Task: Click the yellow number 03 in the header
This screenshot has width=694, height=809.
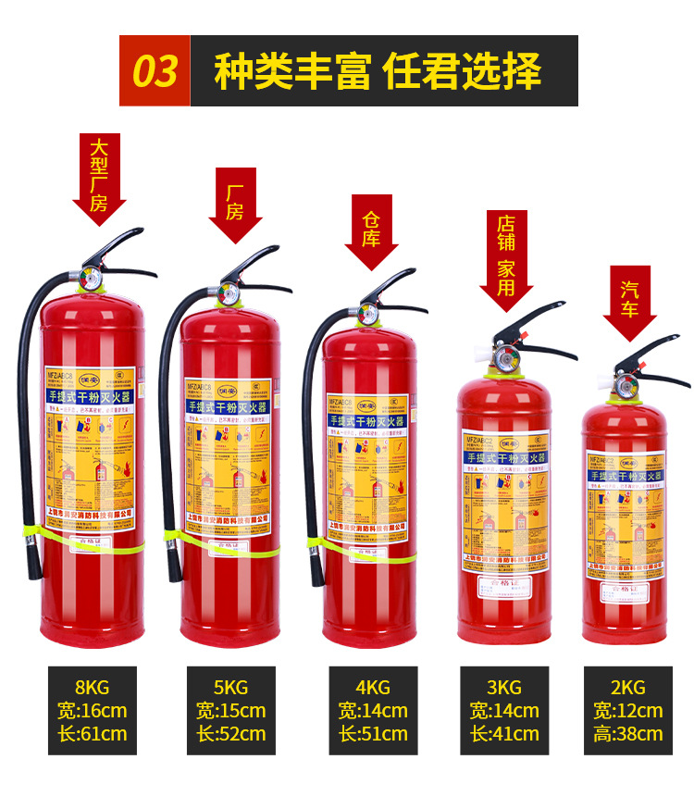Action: point(155,71)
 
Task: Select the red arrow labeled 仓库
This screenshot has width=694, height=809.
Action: point(371,230)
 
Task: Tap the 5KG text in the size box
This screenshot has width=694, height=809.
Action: point(230,688)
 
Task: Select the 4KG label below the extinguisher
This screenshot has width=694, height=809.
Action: point(372,688)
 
